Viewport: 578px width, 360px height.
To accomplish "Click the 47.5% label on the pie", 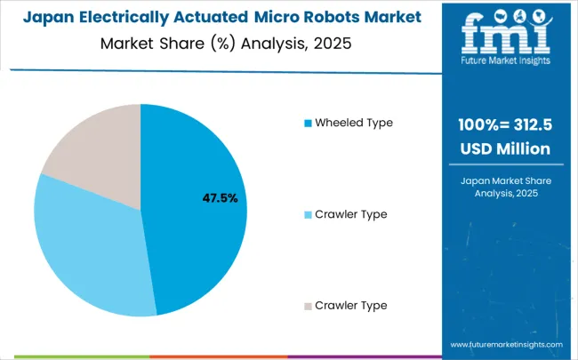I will (219, 197).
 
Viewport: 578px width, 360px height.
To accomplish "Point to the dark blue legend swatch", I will (308, 123).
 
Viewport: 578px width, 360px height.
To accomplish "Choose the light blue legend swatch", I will (308, 214).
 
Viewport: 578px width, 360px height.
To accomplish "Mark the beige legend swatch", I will (308, 305).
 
